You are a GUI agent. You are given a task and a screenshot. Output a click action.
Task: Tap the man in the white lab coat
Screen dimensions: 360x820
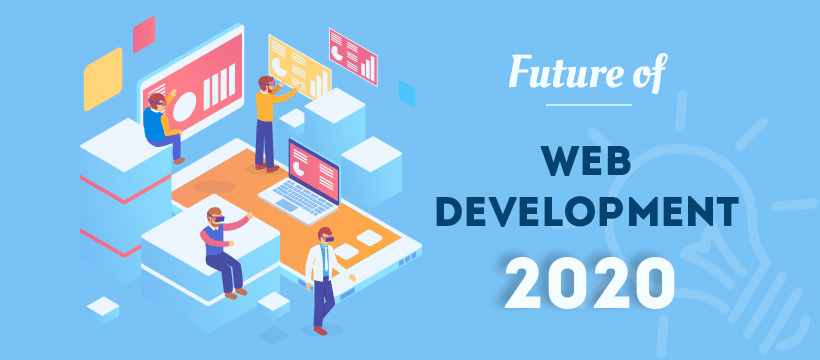tap(321, 280)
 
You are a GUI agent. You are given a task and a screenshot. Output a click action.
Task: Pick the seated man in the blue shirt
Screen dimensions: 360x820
tap(162, 124)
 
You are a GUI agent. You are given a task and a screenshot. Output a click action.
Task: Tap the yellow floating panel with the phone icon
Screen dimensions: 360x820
tap(297, 65)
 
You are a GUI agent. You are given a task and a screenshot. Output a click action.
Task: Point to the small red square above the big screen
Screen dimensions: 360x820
tap(143, 34)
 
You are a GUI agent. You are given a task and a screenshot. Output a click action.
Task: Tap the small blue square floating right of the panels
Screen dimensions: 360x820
tap(406, 93)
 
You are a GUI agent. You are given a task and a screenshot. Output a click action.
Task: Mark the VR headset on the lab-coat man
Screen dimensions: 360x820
tap(324, 236)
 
